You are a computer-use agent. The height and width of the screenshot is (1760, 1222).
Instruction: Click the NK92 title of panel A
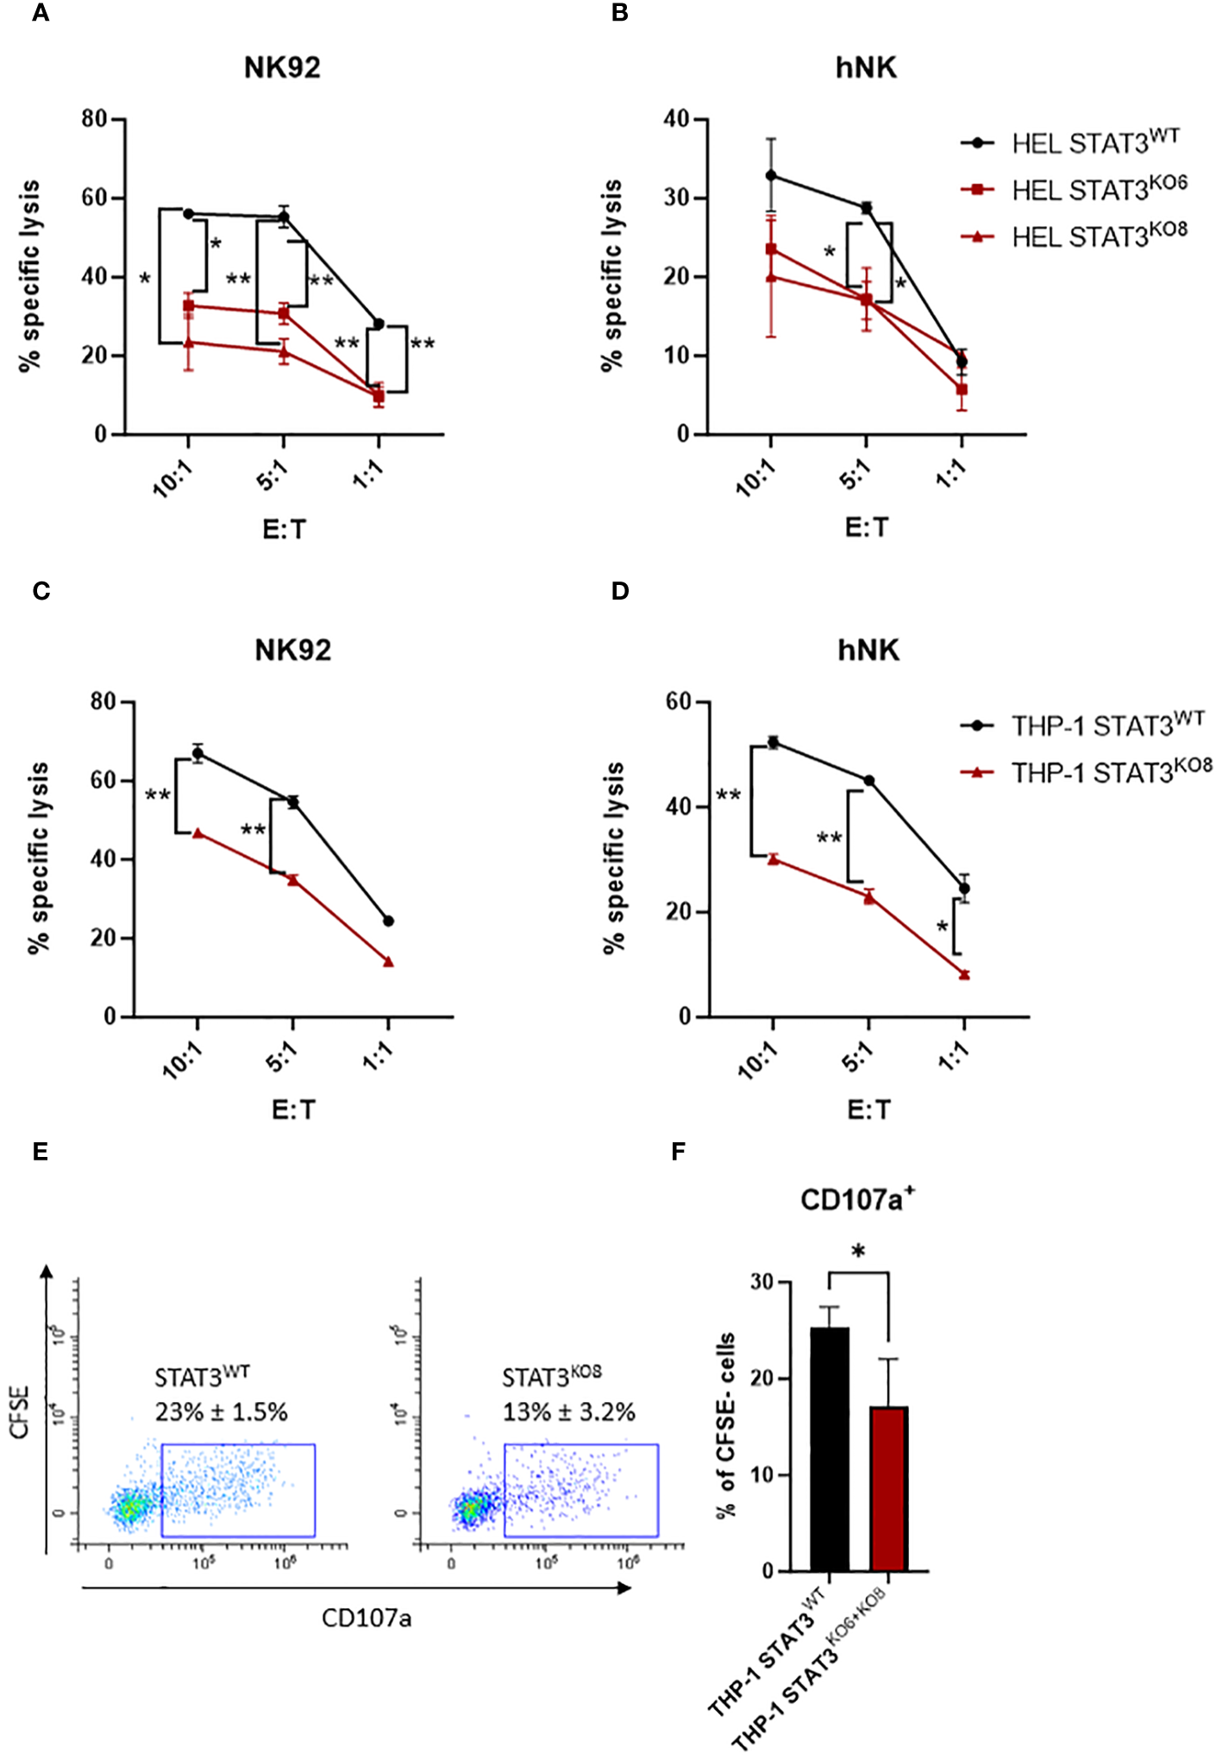(x=282, y=68)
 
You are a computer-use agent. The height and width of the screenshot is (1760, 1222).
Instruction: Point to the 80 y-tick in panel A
(x=94, y=118)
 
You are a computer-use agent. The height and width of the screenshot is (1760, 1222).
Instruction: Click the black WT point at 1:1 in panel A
(x=378, y=324)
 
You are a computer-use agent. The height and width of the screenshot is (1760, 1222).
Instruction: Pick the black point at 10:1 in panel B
(x=771, y=175)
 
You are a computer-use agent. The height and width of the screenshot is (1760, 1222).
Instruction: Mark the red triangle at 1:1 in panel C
(x=388, y=962)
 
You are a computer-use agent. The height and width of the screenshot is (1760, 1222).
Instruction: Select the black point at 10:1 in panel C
(x=197, y=753)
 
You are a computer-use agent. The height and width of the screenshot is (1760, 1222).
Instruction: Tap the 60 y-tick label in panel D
(x=678, y=701)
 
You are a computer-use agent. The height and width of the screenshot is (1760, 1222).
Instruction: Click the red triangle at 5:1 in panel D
(x=869, y=898)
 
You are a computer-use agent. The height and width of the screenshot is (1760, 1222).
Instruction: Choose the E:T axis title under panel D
(x=868, y=1109)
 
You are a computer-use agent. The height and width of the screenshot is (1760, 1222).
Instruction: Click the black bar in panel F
(x=829, y=1449)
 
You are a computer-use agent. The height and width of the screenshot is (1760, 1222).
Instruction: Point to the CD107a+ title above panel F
(x=857, y=1199)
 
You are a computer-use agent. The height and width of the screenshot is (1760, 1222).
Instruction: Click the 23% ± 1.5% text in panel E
(x=222, y=1412)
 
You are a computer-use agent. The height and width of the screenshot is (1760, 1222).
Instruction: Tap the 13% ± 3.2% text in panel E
(x=569, y=1412)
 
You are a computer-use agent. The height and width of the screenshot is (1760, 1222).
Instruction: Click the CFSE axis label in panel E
(x=20, y=1412)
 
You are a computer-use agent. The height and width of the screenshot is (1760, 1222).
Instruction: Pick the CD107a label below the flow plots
(x=367, y=1618)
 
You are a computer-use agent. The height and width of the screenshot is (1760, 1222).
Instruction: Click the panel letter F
(x=679, y=1152)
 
